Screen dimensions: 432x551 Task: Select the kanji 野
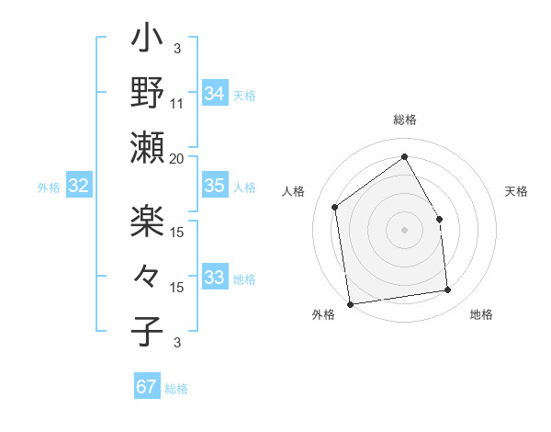(147, 94)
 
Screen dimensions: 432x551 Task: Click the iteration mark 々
(147, 275)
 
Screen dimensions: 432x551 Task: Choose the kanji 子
(147, 328)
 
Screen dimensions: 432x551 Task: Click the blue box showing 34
(214, 93)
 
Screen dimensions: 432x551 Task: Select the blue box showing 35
(214, 186)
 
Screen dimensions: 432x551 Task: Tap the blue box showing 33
(214, 278)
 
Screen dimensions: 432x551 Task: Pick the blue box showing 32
(78, 187)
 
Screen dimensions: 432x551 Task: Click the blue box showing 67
(147, 387)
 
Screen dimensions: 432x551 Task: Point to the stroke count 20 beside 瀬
(176, 158)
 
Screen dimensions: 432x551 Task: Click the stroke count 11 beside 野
(176, 103)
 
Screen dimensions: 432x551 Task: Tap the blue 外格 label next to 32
(49, 188)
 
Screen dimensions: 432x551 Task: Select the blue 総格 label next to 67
(176, 389)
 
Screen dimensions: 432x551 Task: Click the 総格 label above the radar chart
(404, 119)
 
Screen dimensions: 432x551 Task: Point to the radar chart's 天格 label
(517, 191)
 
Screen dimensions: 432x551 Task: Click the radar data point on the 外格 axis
(349, 303)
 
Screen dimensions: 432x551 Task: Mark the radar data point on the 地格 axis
(448, 290)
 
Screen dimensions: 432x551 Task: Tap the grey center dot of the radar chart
(404, 228)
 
